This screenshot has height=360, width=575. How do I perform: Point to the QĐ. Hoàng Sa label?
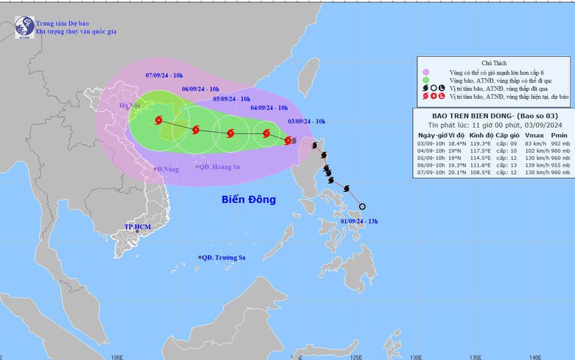pyautogui.click(x=220, y=167)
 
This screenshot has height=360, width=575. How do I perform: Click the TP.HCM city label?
pyautogui.click(x=137, y=226)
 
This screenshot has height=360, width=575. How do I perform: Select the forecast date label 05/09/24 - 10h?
pyautogui.click(x=231, y=99)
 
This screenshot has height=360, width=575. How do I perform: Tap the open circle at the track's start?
pyautogui.click(x=362, y=206)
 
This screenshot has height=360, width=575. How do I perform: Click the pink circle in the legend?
pyautogui.click(x=426, y=71)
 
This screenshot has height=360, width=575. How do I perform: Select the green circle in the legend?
pyautogui.click(x=426, y=80)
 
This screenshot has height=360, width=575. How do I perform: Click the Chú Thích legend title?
pyautogui.click(x=494, y=63)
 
